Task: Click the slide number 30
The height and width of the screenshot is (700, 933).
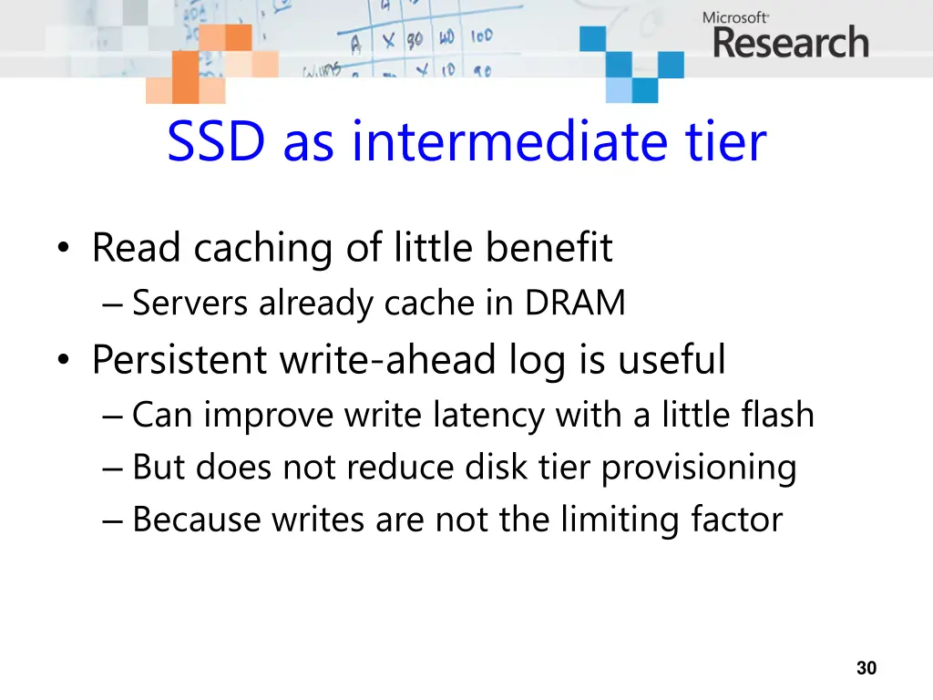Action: click(x=866, y=668)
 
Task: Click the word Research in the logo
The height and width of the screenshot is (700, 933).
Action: click(x=791, y=44)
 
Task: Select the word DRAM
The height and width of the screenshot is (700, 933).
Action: click(x=575, y=304)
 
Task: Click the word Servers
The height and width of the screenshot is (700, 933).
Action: click(x=191, y=304)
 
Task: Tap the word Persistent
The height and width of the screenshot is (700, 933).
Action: click(x=179, y=359)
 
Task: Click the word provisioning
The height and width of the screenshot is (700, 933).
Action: click(x=699, y=468)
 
